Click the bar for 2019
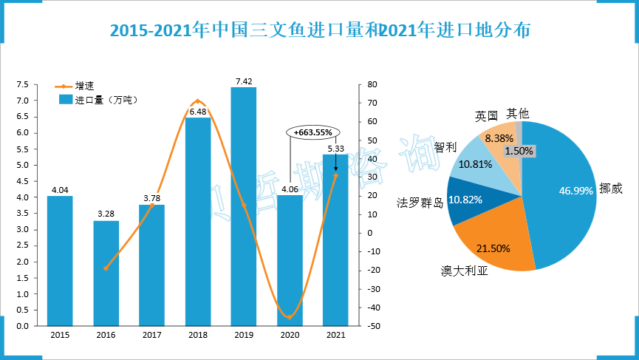click(244, 207)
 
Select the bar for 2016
click(106, 274)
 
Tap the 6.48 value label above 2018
click(197, 112)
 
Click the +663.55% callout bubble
click(313, 132)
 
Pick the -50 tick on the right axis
click(371, 326)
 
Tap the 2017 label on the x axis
click(151, 336)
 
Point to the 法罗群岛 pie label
click(419, 201)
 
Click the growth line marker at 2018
click(197, 101)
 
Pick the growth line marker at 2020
click(290, 317)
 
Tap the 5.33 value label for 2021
click(335, 149)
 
